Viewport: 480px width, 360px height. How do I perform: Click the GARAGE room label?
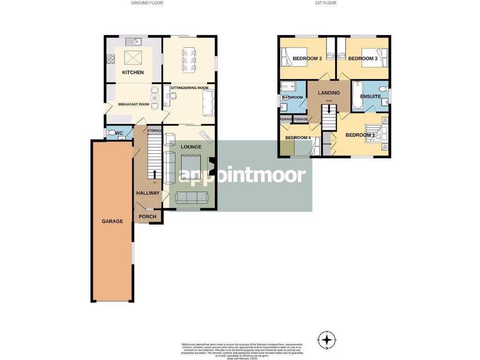click(x=112, y=221)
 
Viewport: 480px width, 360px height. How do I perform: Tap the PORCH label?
click(x=147, y=217)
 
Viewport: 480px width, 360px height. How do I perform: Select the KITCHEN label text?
click(x=133, y=72)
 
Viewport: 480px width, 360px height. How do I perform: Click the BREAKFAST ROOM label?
click(x=133, y=104)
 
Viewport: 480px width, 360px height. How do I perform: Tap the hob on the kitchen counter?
click(x=112, y=59)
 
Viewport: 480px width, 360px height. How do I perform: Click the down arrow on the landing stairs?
click(x=330, y=109)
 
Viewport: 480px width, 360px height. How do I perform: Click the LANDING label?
click(x=329, y=93)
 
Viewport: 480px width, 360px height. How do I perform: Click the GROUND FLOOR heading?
click(x=147, y=3)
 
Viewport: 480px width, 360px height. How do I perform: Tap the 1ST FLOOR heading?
click(x=326, y=3)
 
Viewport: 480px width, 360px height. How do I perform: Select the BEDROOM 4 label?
click(x=298, y=138)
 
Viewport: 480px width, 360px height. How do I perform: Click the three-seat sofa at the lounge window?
click(x=192, y=198)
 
